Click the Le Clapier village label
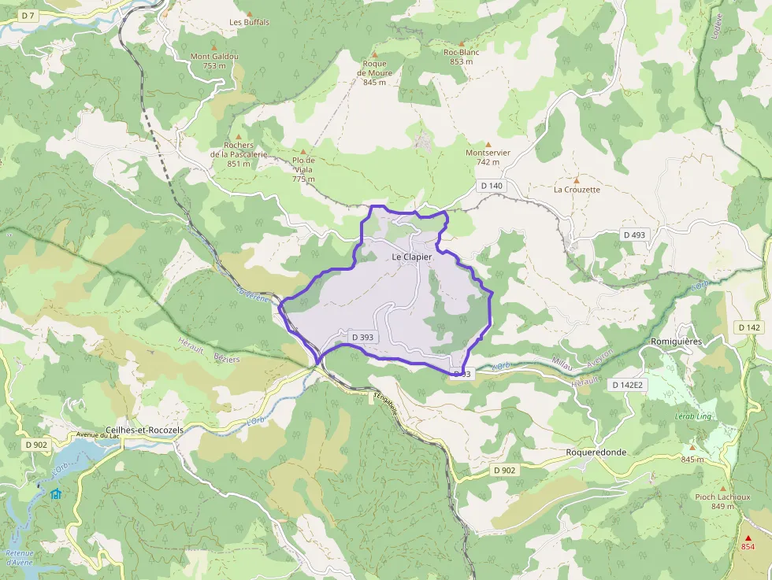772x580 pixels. (411, 257)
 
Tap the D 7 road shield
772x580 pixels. (28, 16)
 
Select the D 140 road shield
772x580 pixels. (490, 186)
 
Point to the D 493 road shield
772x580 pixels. (634, 235)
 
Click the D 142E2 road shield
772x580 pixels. (628, 385)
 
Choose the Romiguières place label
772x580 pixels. (676, 342)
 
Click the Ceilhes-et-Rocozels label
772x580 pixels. (144, 430)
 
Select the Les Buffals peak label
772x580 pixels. (249, 22)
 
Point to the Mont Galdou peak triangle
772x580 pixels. (213, 46)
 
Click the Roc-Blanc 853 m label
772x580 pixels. (462, 57)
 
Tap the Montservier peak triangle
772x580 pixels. (488, 143)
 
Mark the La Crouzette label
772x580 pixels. (577, 190)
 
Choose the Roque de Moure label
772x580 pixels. (375, 72)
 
